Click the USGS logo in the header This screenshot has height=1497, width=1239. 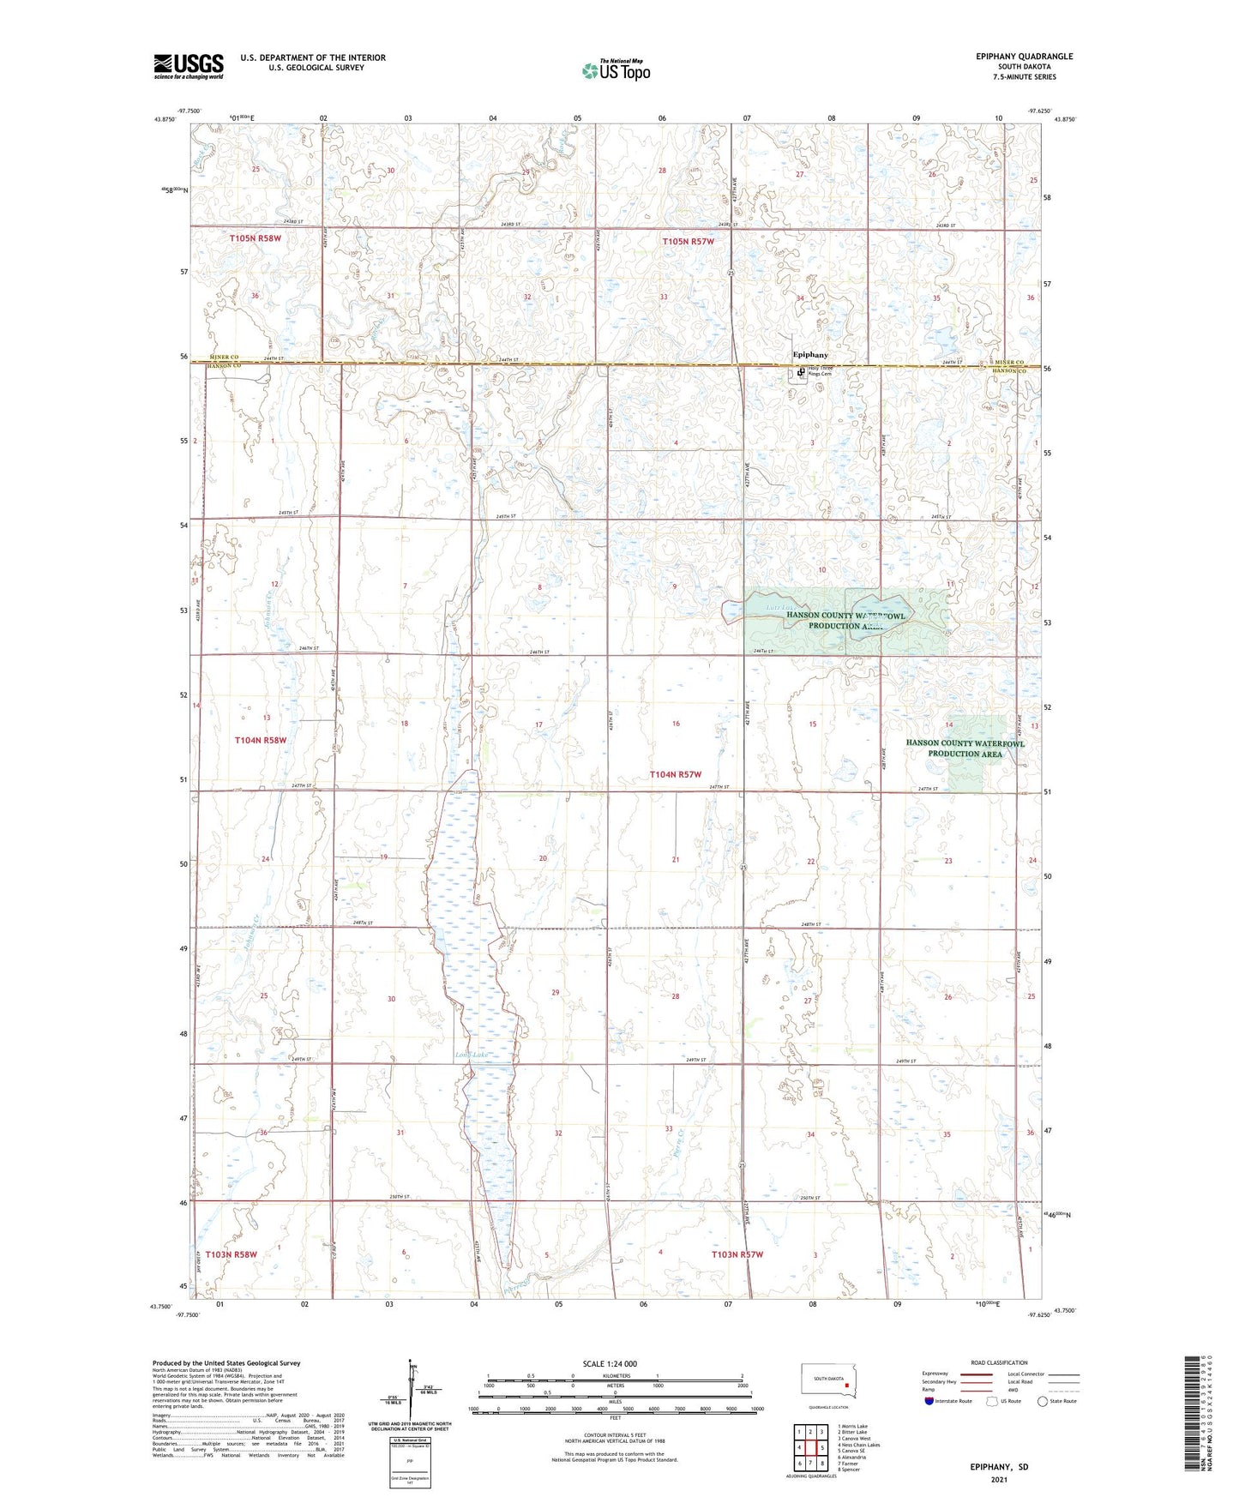tap(189, 66)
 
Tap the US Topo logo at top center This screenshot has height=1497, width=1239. tap(616, 70)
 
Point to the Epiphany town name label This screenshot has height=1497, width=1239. tap(810, 354)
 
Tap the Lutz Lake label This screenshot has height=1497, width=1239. tap(780, 608)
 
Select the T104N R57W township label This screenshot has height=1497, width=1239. tap(675, 774)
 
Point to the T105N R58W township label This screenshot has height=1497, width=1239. tap(255, 238)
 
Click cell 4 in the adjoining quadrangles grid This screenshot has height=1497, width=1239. tap(799, 1447)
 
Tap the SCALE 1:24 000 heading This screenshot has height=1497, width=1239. tap(610, 1363)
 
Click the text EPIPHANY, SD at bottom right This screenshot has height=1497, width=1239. tap(999, 1467)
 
